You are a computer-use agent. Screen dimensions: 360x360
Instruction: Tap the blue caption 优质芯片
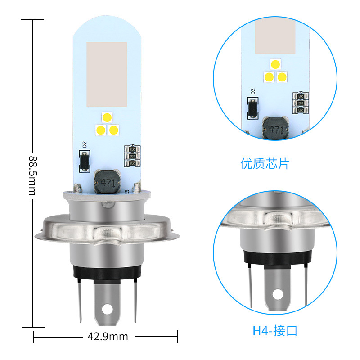265,163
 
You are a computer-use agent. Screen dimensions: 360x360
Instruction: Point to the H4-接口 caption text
275,331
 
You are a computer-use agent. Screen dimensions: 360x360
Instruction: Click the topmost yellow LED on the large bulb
107,117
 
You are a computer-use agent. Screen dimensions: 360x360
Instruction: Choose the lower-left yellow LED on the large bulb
101,130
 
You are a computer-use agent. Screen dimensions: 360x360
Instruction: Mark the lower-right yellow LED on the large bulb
113,130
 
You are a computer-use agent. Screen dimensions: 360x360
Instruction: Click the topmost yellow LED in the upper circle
275,64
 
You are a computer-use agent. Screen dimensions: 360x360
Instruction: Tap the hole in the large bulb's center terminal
107,310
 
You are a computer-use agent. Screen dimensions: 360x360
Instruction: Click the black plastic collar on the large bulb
107,271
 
